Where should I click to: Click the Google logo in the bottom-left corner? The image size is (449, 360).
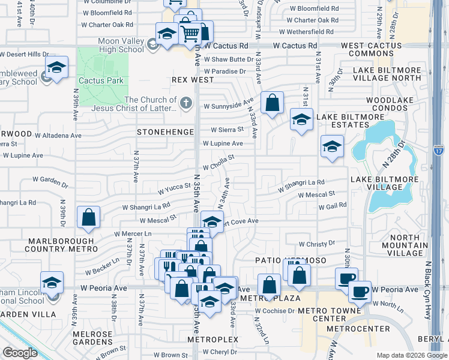pos(20,353)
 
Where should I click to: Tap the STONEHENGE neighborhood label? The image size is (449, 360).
pos(166,132)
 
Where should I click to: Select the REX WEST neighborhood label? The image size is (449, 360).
pos(192,80)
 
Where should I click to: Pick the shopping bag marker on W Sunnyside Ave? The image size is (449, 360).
pos(272,103)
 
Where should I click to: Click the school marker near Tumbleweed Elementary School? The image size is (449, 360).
pos(56,68)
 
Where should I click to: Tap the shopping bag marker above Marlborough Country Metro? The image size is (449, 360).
pos(88,218)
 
